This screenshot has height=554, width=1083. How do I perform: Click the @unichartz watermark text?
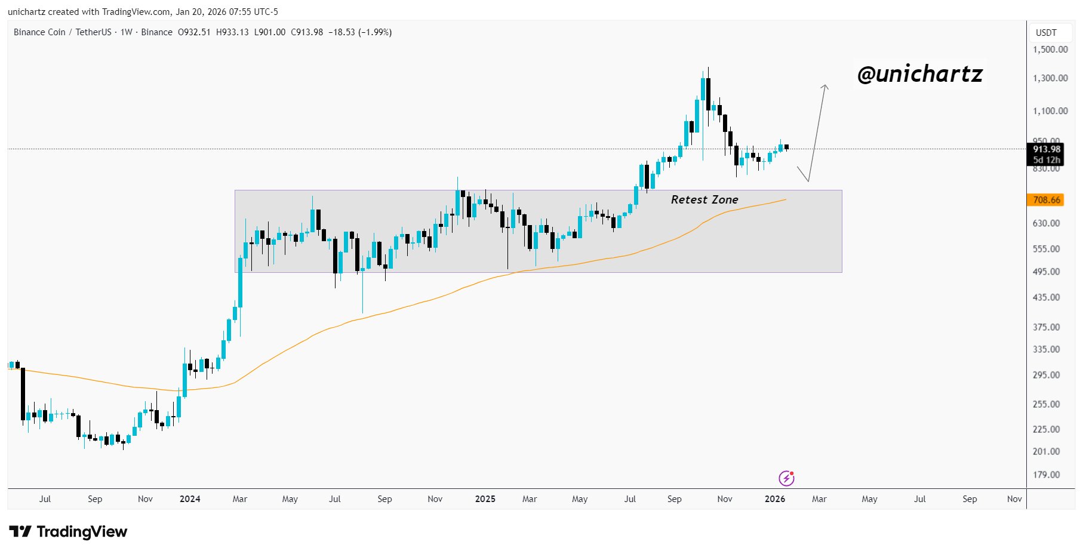919,74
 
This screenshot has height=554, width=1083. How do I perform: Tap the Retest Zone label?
704,199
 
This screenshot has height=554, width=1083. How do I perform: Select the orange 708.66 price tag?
1046,200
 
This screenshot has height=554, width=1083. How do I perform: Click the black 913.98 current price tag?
1046,149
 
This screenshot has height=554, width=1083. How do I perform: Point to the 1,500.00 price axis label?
1050,50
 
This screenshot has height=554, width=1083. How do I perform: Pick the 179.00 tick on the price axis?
1046,475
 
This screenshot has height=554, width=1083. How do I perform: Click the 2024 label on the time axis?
190,499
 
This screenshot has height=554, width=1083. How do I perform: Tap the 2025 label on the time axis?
485,499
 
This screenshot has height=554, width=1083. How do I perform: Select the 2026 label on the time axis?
774,499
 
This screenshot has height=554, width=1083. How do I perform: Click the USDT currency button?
1046,33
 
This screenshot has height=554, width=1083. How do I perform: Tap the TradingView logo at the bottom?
68,531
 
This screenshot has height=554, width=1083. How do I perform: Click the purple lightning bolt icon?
786,478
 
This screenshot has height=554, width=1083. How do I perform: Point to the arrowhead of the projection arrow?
825,87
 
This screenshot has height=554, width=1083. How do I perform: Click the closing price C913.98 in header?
307,32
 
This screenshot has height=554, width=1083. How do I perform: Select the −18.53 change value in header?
341,32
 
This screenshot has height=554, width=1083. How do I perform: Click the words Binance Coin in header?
39,32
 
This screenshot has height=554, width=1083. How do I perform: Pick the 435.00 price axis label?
1046,297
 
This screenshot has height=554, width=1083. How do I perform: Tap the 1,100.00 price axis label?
1050,111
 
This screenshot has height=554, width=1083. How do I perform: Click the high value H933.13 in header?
232,32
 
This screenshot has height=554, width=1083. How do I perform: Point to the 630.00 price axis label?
1046,223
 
